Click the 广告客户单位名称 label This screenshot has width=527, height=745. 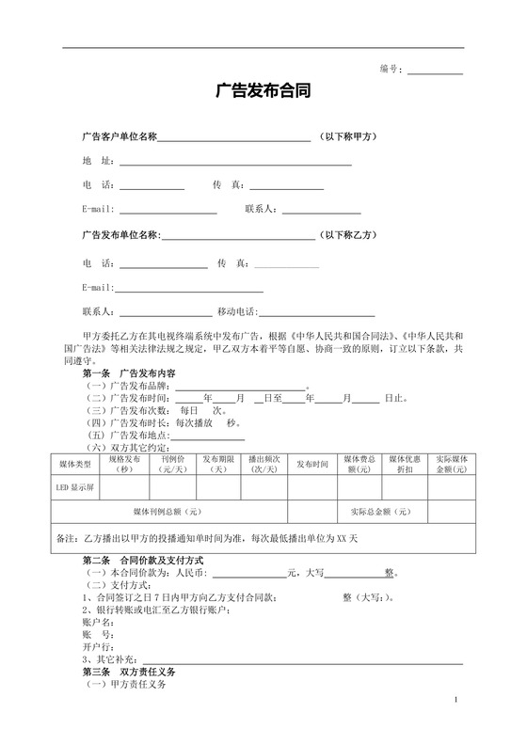point(119,137)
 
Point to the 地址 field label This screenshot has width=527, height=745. point(98,161)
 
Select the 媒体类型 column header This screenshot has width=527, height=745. point(74,465)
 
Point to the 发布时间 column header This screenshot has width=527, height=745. point(312,465)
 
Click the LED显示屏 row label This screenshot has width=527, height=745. point(75,489)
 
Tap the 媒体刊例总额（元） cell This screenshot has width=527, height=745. point(167,512)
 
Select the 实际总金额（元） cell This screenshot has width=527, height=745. point(379,512)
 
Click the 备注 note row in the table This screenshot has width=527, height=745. point(207,539)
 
